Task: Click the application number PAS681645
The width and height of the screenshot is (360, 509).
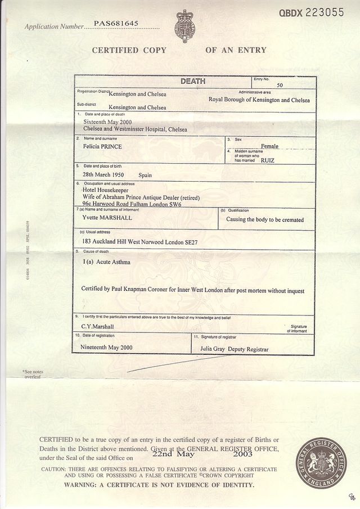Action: (116, 24)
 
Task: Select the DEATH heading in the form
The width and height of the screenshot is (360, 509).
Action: (193, 82)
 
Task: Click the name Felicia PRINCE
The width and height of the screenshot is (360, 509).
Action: (102, 146)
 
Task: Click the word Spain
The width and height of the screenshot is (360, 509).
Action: (145, 175)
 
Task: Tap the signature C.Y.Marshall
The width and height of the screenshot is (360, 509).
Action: (98, 326)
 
